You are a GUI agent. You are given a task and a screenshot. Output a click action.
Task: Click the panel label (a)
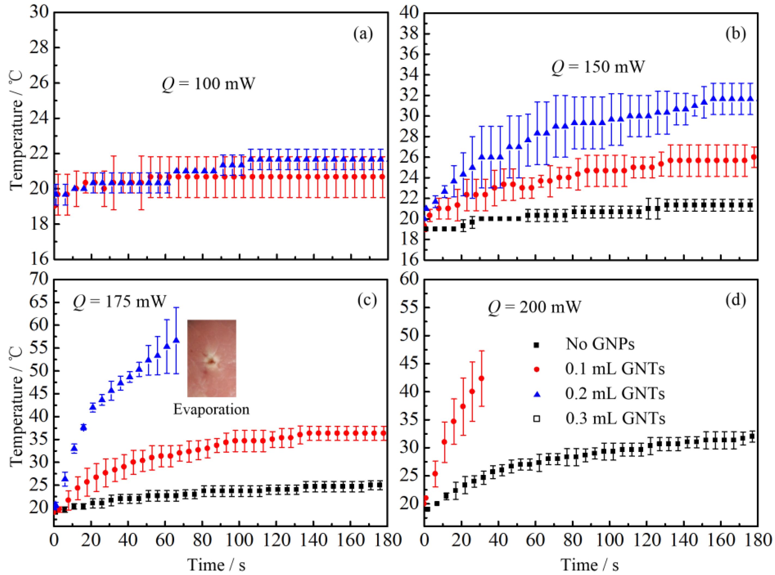(363, 34)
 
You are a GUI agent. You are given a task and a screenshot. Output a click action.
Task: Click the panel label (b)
(735, 34)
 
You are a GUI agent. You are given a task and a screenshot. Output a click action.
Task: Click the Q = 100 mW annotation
(208, 84)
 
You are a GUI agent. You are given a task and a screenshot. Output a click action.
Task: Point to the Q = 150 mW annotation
(598, 66)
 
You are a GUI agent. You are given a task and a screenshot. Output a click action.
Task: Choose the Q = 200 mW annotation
(534, 307)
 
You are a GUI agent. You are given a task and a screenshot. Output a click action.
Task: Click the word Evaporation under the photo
(211, 409)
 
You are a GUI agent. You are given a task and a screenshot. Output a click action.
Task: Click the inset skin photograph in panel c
(211, 358)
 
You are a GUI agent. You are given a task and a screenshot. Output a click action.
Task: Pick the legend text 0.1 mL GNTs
(615, 369)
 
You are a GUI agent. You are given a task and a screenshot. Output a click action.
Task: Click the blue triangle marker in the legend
(537, 394)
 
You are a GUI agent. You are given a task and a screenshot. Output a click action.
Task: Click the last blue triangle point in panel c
(176, 340)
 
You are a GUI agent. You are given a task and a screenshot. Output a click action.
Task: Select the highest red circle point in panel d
(482, 378)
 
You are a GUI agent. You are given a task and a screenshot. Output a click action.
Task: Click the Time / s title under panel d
(590, 565)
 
